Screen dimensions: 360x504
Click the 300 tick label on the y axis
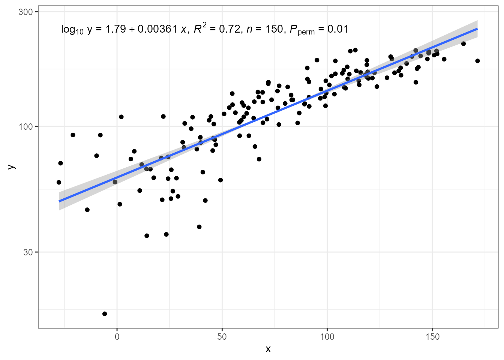tap(25, 12)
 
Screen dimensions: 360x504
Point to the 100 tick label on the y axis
tap(25, 127)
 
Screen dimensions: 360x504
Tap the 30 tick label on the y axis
tap(28, 252)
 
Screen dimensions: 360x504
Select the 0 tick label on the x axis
tap(117, 337)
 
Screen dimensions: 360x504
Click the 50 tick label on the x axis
tap(222, 337)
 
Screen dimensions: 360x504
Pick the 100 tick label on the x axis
tap(327, 337)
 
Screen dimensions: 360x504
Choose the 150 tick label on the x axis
tap(432, 337)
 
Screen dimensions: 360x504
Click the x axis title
tap(268, 349)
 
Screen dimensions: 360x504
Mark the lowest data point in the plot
tap(105, 314)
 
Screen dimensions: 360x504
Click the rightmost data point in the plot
tap(477, 61)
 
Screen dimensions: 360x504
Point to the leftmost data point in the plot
tap(59, 183)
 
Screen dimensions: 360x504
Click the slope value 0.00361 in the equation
tap(157, 29)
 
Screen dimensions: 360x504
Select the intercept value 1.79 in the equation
tap(115, 29)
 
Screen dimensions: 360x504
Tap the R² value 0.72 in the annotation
tap(229, 29)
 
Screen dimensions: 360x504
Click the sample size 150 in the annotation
tap(274, 29)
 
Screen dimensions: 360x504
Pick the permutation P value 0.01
tap(337, 29)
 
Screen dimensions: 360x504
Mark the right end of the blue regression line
tap(477, 28)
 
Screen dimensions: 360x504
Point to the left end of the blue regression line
tap(59, 201)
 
